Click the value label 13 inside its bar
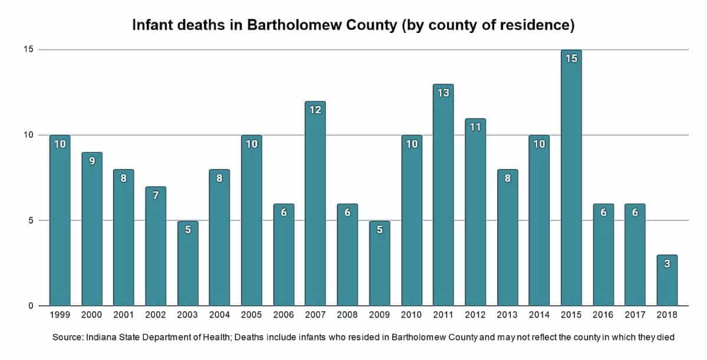click(x=443, y=93)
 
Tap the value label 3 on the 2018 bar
click(x=667, y=264)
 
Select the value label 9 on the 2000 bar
click(x=91, y=161)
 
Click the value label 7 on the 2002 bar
click(x=156, y=195)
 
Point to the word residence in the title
click(x=531, y=27)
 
